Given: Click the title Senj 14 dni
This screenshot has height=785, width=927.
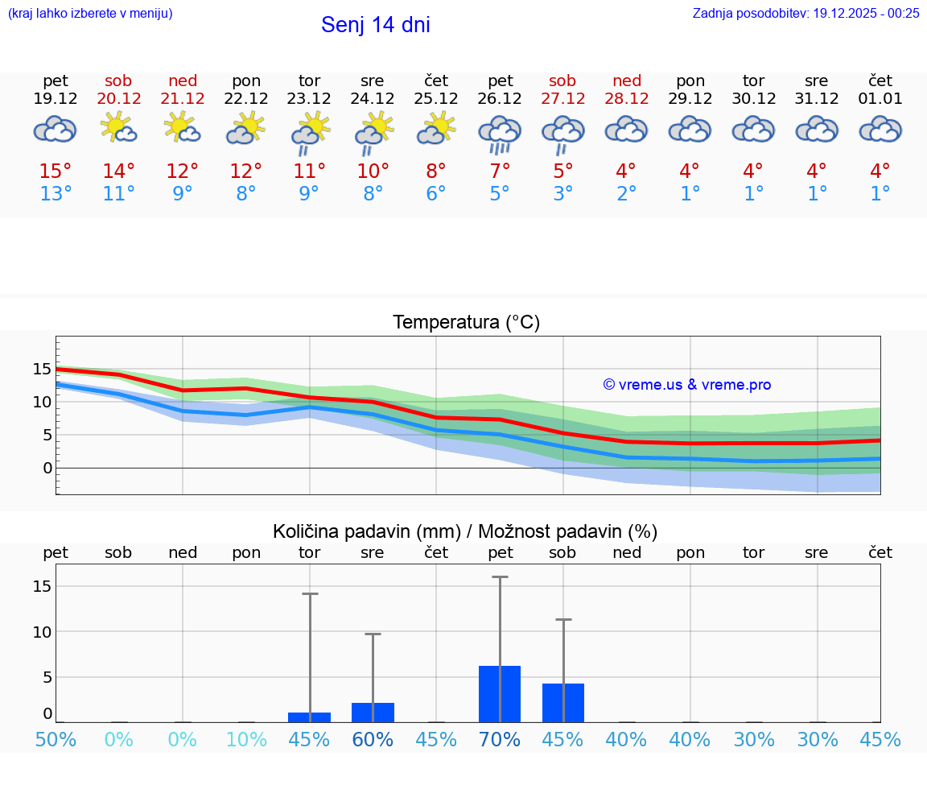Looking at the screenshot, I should click(x=375, y=25).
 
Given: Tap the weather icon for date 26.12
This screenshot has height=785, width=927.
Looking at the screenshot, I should click(x=500, y=133).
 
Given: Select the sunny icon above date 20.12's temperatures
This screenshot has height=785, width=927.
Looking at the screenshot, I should click(x=118, y=128).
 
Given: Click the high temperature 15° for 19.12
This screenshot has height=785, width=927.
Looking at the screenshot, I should click(x=56, y=171).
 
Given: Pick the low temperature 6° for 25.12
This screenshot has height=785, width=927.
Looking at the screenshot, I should click(x=436, y=194).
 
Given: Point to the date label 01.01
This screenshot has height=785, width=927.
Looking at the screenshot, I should click(x=880, y=99).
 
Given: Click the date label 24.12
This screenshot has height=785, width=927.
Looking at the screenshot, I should click(x=373, y=99).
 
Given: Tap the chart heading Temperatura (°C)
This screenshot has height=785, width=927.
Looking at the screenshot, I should click(x=466, y=323).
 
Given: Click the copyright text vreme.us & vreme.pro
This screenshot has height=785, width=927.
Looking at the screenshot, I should click(x=687, y=385).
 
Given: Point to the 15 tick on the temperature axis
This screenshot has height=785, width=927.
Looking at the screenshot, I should click(x=42, y=369).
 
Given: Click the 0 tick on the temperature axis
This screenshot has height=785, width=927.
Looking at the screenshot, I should click(x=47, y=468).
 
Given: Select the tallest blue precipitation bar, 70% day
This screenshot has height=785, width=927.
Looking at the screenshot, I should click(x=500, y=694).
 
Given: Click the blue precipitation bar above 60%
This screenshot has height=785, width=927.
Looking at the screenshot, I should click(x=373, y=713).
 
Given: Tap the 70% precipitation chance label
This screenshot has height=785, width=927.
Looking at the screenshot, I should click(x=500, y=740).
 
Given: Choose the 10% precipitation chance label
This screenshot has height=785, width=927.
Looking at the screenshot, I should click(x=246, y=740).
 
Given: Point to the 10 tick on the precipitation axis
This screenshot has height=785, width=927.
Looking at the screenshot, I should click(x=42, y=631).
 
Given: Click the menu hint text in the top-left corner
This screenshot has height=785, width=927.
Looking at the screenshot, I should click(x=90, y=13).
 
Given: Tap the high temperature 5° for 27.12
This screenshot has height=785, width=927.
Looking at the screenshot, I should click(x=563, y=171).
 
